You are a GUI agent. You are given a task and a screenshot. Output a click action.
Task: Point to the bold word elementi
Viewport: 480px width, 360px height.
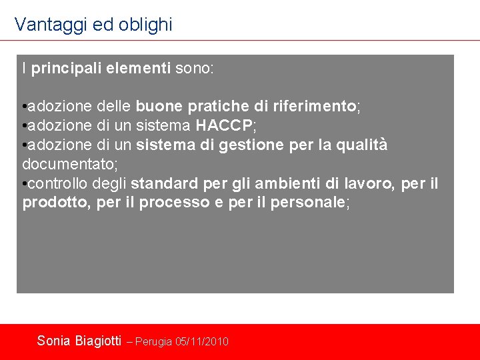[139, 69]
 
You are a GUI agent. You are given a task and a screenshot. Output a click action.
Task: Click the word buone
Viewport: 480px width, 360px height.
[154, 107]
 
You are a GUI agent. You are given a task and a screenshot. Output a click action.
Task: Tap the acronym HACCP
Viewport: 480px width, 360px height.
[224, 126]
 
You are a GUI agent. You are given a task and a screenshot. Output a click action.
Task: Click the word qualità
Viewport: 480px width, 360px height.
[363, 145]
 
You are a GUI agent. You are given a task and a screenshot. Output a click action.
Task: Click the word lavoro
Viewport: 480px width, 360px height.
[369, 184]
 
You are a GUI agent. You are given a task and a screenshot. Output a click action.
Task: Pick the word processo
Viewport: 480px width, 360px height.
[167, 203]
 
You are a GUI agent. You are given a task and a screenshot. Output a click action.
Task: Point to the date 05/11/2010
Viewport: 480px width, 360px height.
[202, 342]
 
